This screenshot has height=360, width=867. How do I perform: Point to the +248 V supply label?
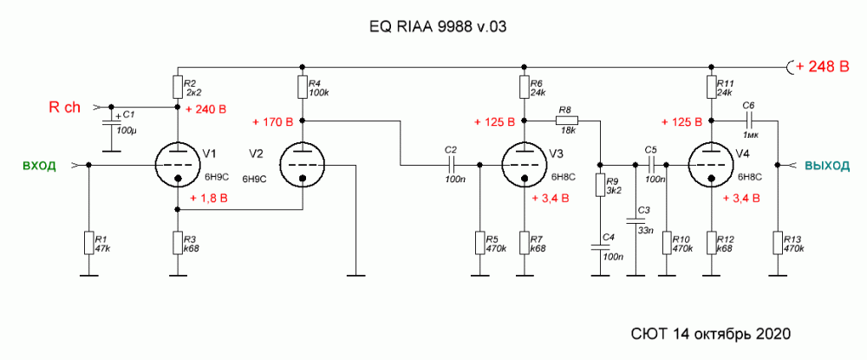point(818,66)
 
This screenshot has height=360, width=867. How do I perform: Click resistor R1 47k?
point(88,242)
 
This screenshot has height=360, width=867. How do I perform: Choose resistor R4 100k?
point(302,88)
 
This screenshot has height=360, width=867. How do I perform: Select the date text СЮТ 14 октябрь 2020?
point(709,333)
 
